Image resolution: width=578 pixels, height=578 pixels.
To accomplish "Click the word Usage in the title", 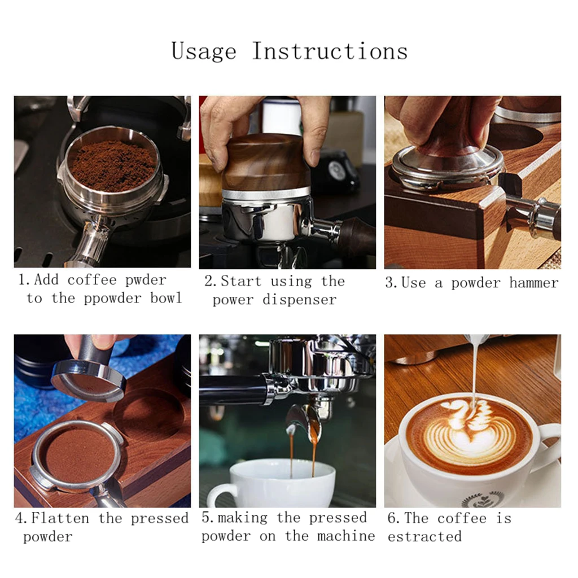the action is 204,51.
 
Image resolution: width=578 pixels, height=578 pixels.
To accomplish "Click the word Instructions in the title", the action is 330,51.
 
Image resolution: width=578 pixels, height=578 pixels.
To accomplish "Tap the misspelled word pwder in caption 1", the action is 146,281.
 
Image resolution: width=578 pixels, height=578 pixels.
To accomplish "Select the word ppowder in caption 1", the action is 112,299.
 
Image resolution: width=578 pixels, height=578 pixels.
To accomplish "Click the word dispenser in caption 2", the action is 299,300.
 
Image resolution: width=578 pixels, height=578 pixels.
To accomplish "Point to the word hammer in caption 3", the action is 534,283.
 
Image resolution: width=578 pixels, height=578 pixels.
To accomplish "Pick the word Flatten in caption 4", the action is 60,518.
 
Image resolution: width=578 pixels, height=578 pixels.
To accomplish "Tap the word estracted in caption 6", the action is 424,536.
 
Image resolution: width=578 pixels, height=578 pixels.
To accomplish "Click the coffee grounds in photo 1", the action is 112,166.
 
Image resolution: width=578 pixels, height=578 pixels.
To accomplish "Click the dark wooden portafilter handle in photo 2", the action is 354,237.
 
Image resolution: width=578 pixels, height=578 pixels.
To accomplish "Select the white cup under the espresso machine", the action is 272,483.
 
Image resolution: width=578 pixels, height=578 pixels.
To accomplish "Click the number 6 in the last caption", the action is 392,519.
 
